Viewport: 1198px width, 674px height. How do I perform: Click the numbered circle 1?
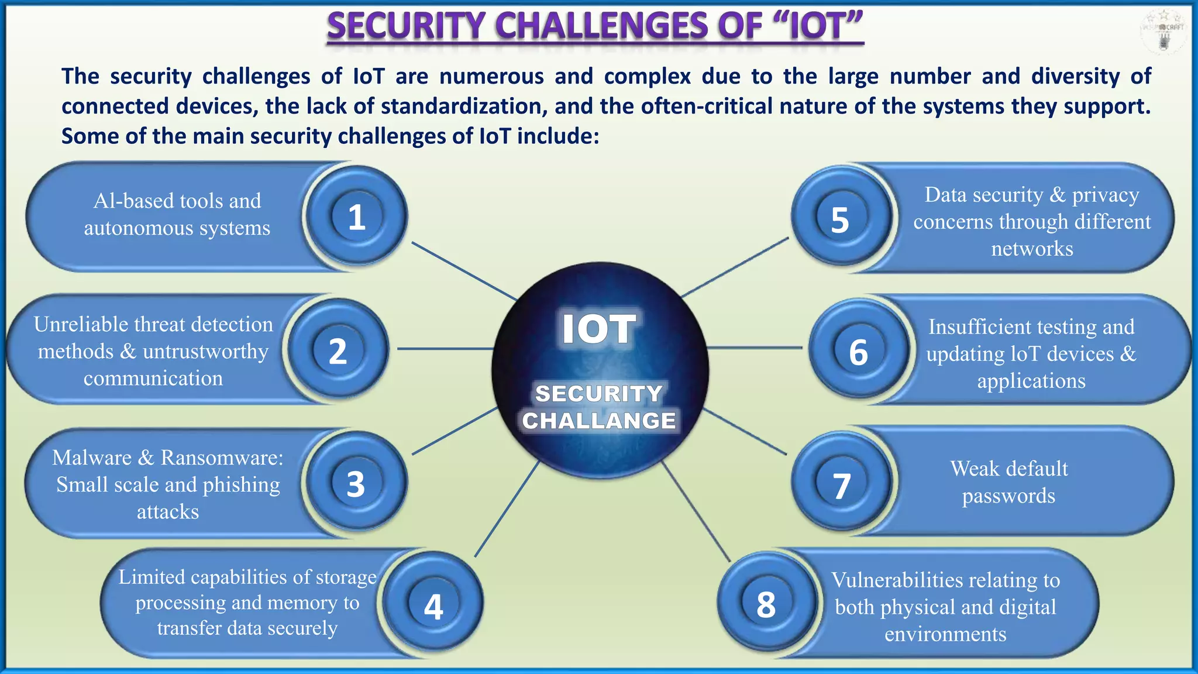(356, 217)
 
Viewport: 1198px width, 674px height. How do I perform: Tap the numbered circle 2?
(338, 351)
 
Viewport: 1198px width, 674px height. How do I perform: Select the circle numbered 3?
(356, 484)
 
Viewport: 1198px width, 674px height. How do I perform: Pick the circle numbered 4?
(433, 606)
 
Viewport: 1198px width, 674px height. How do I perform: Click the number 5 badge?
(840, 220)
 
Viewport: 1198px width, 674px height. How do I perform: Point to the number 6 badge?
(858, 352)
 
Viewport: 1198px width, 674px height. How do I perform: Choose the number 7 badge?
(841, 486)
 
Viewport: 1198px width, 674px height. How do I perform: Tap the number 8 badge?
(766, 604)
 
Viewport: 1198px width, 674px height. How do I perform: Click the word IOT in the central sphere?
(598, 329)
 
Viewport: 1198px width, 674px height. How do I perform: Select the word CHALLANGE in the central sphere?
(599, 421)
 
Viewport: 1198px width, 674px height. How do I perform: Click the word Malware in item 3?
(92, 458)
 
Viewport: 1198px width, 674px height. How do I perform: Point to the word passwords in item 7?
(1008, 496)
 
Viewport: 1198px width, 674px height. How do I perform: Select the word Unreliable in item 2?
(80, 324)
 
